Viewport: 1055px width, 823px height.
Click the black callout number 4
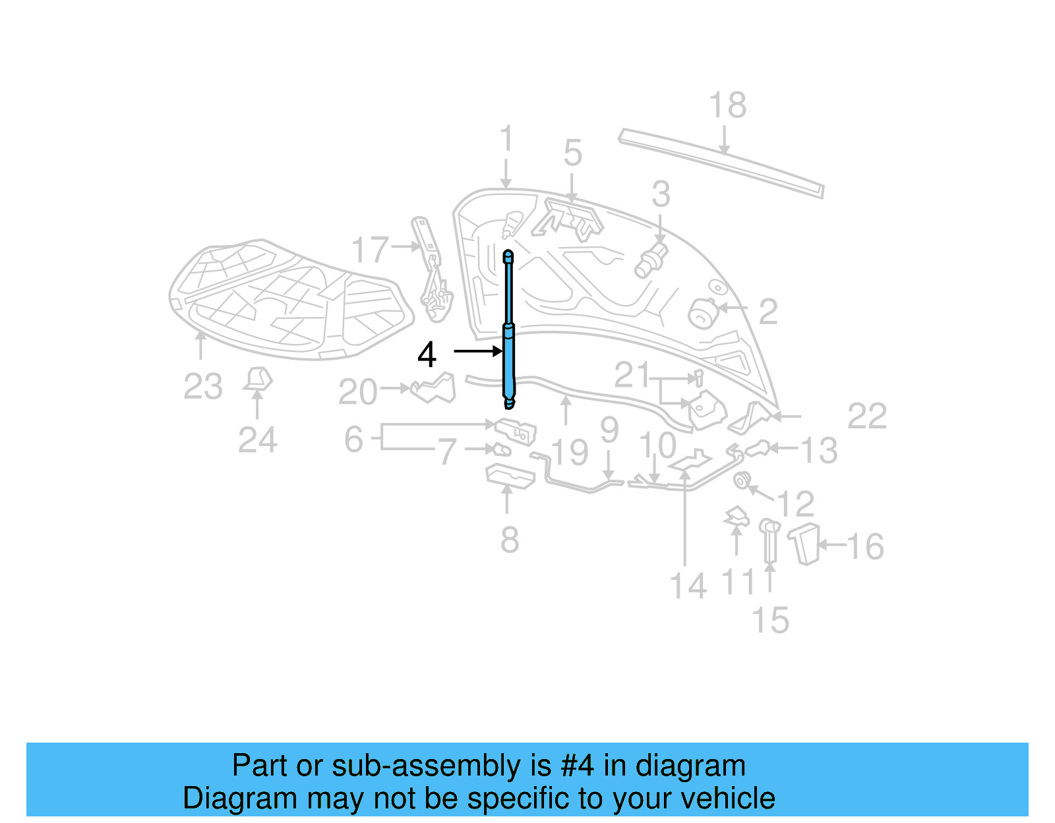tap(427, 355)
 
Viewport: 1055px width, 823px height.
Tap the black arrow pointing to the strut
tap(478, 352)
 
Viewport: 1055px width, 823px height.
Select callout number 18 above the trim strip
tap(727, 105)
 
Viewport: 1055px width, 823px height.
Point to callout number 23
tap(203, 387)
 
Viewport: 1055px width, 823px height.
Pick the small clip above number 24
tap(258, 379)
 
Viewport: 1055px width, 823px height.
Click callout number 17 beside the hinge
tap(370, 250)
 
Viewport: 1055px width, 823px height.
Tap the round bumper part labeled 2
tap(702, 312)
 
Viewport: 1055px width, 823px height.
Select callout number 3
tap(661, 194)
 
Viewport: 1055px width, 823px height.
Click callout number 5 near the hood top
tap(572, 154)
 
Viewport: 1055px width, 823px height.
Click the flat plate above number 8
tap(510, 476)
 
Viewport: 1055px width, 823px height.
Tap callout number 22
tap(866, 416)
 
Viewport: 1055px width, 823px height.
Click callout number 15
tap(770, 621)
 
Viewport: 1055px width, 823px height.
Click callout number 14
tap(688, 586)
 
